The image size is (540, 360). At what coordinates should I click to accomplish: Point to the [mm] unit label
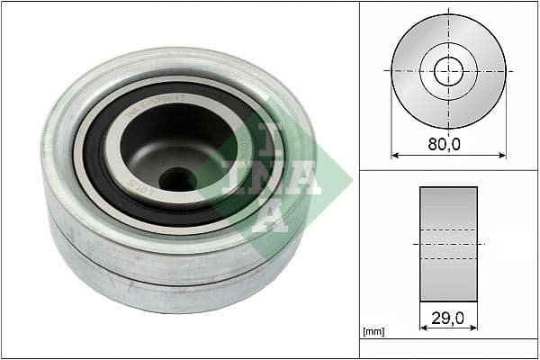pyautogui.click(x=373, y=331)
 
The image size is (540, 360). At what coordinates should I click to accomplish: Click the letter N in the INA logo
pyautogui.click(x=269, y=176)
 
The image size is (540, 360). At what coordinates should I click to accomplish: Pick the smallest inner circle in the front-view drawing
pyautogui.click(x=448, y=70)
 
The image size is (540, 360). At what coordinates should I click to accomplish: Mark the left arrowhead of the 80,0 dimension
pyautogui.click(x=394, y=155)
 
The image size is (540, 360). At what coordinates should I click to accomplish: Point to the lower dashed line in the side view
pyautogui.click(x=448, y=259)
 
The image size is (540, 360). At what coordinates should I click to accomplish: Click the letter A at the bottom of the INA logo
pyautogui.click(x=269, y=215)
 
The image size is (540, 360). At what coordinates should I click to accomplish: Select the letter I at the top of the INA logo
pyautogui.click(x=269, y=136)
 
